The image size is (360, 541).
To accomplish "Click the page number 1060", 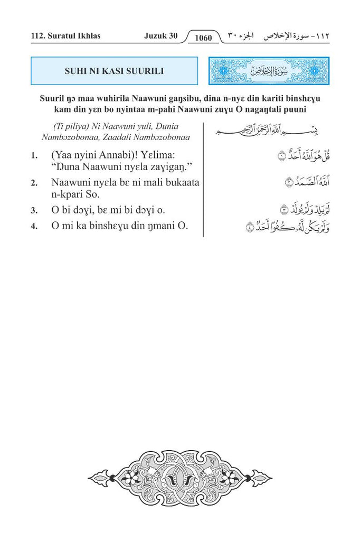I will click(x=203, y=38).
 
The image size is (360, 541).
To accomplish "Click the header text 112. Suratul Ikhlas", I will click(x=65, y=36).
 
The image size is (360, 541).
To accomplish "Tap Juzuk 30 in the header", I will click(x=160, y=36).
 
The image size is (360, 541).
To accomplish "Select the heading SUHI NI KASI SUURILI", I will click(x=114, y=71).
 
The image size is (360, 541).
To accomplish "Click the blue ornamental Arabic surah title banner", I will click(x=269, y=71).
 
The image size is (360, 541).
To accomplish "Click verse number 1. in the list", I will click(x=34, y=156).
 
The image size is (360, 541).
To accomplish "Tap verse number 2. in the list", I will click(x=34, y=183).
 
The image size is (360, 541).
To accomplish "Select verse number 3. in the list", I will click(x=34, y=210).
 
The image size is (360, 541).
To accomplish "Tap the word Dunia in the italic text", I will click(x=177, y=127).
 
